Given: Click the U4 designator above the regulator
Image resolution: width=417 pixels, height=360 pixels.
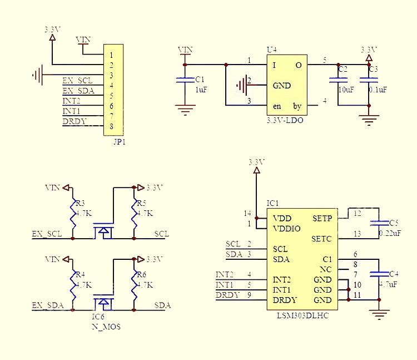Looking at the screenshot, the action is (x=271, y=50).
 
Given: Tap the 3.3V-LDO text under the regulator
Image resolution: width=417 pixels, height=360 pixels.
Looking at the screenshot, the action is (x=285, y=120).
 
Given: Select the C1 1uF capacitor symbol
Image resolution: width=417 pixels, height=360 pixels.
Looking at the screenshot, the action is (x=185, y=80).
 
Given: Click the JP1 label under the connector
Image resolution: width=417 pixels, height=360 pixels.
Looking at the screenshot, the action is (x=120, y=142).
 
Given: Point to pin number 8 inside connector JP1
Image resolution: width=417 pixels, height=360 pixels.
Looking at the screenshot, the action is (x=111, y=126).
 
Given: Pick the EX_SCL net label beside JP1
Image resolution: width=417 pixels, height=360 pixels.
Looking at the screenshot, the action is (x=77, y=80).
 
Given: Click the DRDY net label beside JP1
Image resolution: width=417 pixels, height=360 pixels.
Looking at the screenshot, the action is (x=75, y=121).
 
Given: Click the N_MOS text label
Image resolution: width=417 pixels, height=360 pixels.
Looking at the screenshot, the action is (x=106, y=327).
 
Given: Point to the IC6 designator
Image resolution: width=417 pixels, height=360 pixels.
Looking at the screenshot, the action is (x=98, y=317).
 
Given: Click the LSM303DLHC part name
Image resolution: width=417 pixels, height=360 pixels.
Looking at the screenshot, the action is (x=302, y=315).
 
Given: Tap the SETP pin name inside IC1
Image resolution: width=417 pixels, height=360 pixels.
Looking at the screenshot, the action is (x=322, y=219).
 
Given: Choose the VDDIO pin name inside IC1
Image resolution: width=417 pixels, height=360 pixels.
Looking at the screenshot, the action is (x=287, y=229).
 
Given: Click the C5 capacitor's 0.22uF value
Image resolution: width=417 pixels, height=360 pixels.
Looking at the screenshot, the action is (x=390, y=233).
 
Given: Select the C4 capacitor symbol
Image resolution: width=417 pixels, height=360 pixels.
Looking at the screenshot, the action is (x=379, y=274).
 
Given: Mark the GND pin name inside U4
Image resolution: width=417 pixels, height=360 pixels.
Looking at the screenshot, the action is (x=282, y=86).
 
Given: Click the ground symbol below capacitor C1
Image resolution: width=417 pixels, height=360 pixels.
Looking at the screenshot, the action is (x=185, y=110).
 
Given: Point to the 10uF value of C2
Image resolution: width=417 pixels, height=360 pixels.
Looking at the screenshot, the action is (x=346, y=90).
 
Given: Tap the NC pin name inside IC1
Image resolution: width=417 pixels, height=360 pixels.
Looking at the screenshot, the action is (x=325, y=269).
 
